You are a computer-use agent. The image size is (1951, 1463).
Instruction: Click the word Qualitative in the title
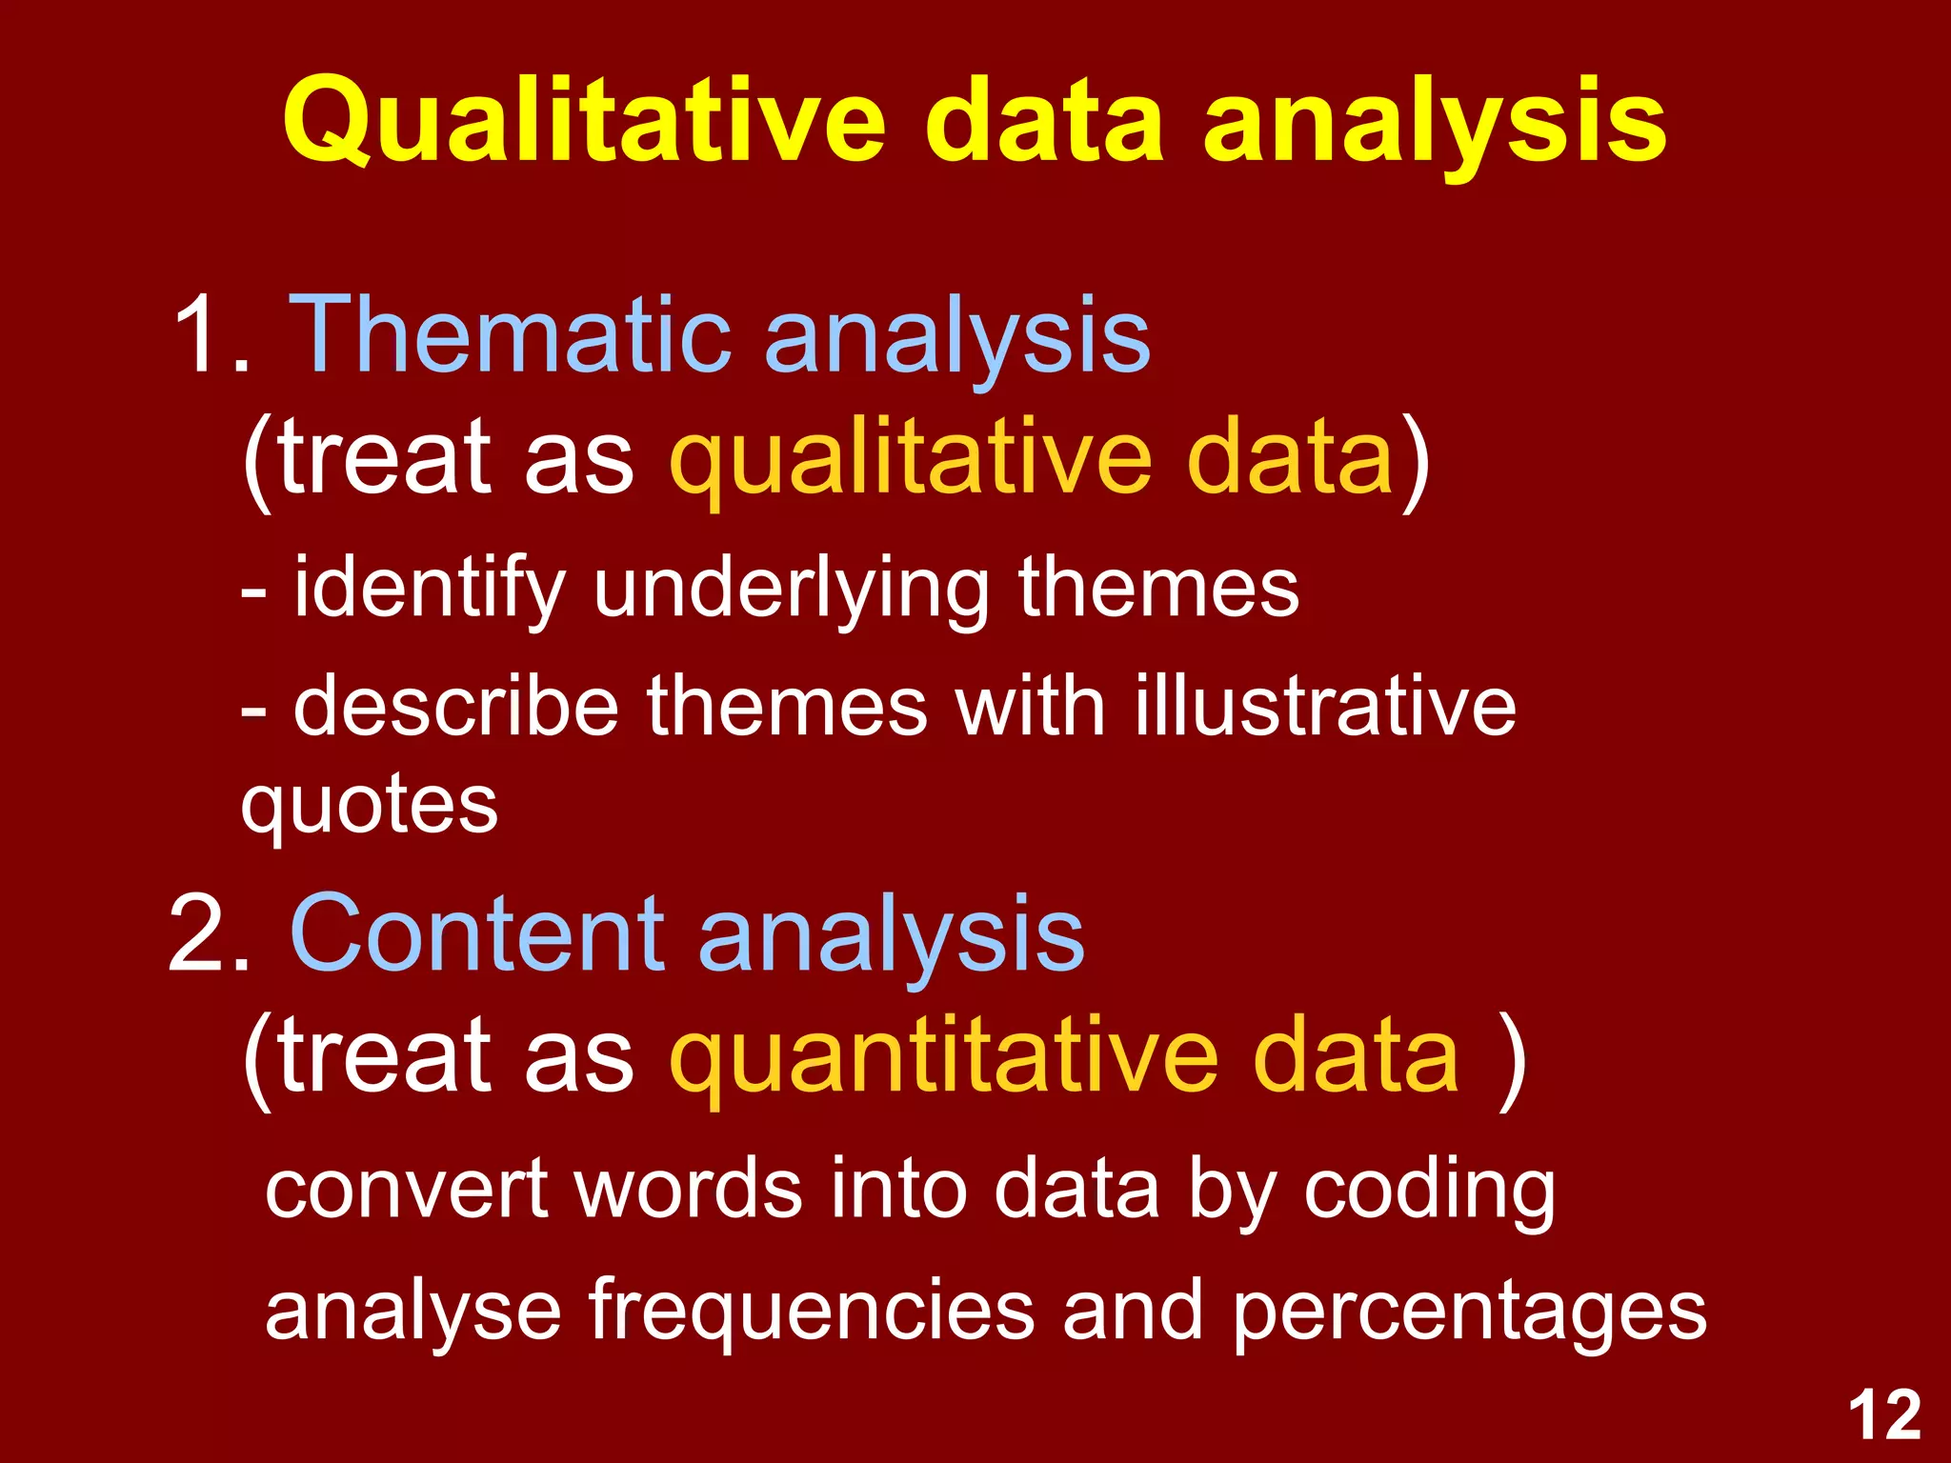[x=583, y=122]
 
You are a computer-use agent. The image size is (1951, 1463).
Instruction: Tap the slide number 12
[x=1883, y=1416]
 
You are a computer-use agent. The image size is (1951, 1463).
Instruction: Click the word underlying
[x=791, y=589]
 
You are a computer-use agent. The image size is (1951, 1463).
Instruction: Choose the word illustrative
[x=1324, y=706]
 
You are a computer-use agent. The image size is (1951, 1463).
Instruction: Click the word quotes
[x=370, y=806]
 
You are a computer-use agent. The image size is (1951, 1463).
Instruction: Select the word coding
[x=1429, y=1191]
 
